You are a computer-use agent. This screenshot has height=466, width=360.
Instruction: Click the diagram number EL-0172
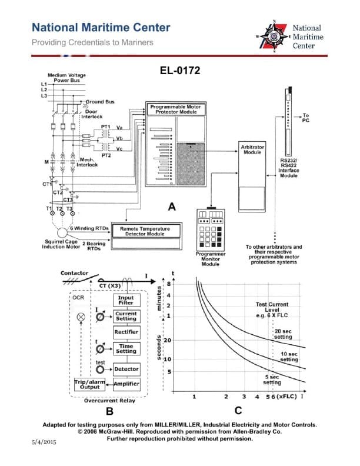coord(180,71)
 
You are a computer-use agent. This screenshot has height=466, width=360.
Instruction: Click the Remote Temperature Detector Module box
coord(150,230)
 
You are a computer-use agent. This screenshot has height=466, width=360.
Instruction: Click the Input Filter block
coord(126,300)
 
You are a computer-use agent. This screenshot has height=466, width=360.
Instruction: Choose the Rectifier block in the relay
coord(126,332)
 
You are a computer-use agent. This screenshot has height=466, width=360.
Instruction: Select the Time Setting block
coord(126,349)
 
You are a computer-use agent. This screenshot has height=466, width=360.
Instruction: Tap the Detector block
coord(126,369)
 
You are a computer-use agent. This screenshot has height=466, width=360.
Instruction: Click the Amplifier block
coord(126,384)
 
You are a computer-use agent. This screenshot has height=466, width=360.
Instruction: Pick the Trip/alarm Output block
coord(90,384)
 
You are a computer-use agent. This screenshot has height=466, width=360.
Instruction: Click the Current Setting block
coord(126,317)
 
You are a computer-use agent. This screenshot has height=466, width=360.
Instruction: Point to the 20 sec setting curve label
coord(282,334)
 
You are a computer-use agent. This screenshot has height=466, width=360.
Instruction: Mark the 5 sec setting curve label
coord(271,380)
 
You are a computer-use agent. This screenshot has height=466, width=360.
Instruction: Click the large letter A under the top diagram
coord(172,207)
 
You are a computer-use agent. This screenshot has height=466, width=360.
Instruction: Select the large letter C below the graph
coord(238,411)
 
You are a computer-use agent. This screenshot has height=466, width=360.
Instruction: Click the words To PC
coord(305,117)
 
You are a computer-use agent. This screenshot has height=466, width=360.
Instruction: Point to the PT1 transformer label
coord(106,127)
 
